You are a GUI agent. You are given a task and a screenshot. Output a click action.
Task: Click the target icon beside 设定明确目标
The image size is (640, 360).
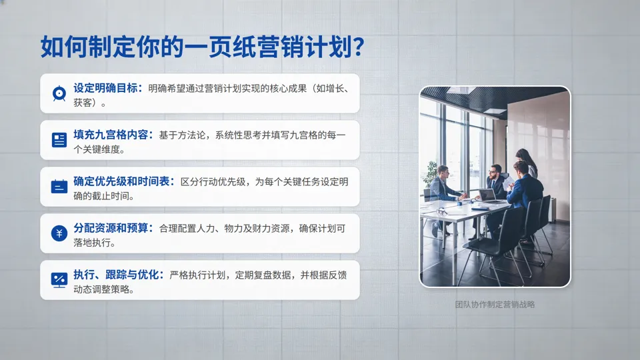click(59, 93)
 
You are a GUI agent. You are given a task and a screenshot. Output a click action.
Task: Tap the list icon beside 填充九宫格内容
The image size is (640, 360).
click(59, 140)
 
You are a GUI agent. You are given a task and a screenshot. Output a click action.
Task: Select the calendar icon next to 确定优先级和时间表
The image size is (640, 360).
click(59, 187)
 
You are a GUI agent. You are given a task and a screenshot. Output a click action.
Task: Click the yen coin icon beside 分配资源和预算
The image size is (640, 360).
click(59, 233)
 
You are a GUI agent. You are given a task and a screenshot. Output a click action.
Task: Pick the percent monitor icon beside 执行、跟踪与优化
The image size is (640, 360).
click(59, 280)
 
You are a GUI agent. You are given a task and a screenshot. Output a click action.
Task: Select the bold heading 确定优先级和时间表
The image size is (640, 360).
click(124, 181)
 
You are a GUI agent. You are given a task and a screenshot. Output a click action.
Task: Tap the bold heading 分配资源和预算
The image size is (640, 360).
click(113, 228)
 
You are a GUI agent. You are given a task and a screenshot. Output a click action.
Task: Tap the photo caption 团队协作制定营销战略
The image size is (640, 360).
click(495, 305)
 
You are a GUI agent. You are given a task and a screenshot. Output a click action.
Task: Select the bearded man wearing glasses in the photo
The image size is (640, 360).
click(495, 174)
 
